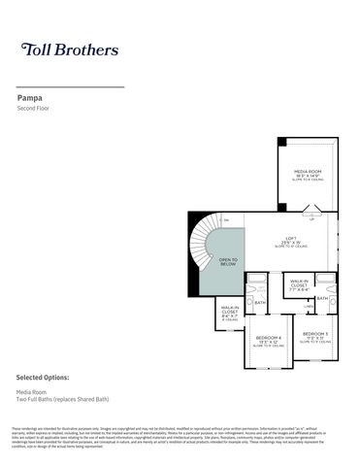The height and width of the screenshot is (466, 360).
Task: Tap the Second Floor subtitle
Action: pos(34,109)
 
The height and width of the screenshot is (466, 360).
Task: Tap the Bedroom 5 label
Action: pos(313,335)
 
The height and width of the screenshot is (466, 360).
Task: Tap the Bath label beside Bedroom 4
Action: pos(260,302)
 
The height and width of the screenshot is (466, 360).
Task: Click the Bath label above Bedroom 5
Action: pos(322,298)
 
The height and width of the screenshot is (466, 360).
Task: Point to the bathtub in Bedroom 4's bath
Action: pos(255,285)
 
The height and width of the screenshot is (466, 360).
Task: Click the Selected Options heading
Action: pos(46,376)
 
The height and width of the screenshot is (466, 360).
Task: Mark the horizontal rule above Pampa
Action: pos(71,87)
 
